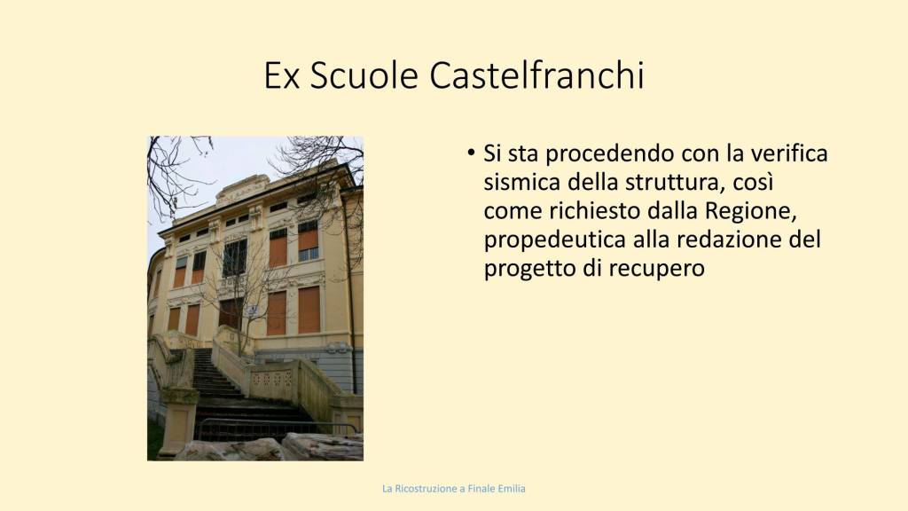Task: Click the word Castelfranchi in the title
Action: pos(536,75)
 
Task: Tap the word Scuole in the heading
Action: pos(364,75)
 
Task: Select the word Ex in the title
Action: pos(281,75)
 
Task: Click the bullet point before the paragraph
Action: pos(471,153)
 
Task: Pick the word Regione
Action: pos(751,211)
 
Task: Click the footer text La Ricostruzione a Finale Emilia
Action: pos(454,489)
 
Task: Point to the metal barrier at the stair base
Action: pos(275,429)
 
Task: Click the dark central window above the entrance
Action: pos(235,258)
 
